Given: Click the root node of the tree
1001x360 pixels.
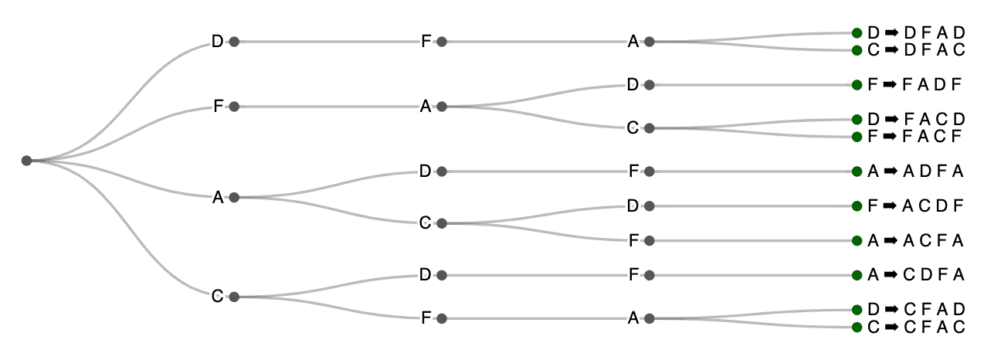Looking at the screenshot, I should (x=26, y=161).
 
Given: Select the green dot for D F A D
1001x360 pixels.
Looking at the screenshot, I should (x=857, y=32).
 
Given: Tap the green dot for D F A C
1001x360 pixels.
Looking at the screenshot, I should (x=857, y=50).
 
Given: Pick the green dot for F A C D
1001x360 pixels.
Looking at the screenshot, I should (x=857, y=119).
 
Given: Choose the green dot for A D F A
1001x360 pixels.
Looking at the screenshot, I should (x=857, y=172).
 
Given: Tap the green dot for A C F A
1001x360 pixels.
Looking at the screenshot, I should (x=857, y=241).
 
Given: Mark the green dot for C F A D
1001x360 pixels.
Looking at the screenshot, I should (x=857, y=310).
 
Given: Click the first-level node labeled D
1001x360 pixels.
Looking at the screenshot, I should (x=234, y=42).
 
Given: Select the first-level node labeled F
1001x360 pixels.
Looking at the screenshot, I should (x=234, y=107).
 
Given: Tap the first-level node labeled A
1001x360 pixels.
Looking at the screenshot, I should (x=234, y=198).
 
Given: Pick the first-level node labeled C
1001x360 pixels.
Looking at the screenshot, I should (x=234, y=297).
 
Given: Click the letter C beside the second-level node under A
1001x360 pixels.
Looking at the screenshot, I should (x=425, y=223).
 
